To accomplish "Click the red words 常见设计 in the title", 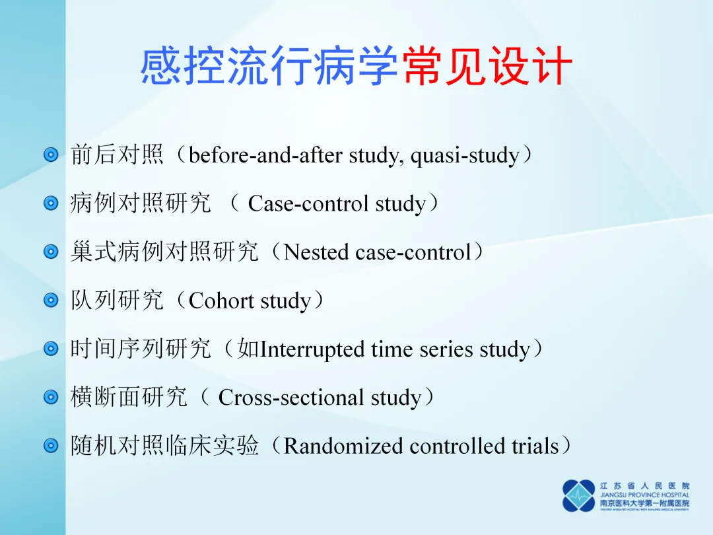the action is tap(487, 67).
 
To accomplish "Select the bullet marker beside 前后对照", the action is tap(51, 155).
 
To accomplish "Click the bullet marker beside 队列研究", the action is tap(51, 301).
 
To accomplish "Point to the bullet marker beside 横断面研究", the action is tap(51, 397).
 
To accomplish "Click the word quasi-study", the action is tap(465, 156).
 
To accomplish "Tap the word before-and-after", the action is tap(265, 155).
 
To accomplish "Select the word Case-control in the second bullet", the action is tap(308, 203).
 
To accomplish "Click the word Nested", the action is tap(316, 252).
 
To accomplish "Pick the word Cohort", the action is tap(221, 301).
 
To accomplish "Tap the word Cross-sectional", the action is tap(290, 398).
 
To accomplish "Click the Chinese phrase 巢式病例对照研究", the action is tap(164, 252).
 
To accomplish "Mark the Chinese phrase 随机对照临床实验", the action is tap(164, 445).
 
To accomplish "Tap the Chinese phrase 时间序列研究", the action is tap(141, 349).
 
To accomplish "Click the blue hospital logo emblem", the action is tap(578, 496).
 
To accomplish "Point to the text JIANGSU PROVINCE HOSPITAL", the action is tap(645, 495).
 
